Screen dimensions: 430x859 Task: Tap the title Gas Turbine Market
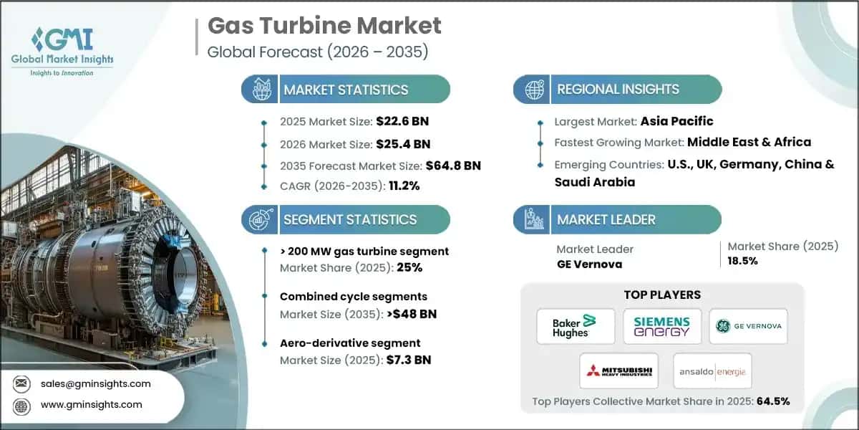point(324,26)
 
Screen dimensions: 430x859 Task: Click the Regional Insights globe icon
point(533,90)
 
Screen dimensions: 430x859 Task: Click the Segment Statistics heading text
point(350,220)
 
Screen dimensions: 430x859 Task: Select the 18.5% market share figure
point(742,261)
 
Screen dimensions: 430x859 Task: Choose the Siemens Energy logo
point(661,326)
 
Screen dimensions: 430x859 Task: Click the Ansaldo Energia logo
point(712,370)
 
